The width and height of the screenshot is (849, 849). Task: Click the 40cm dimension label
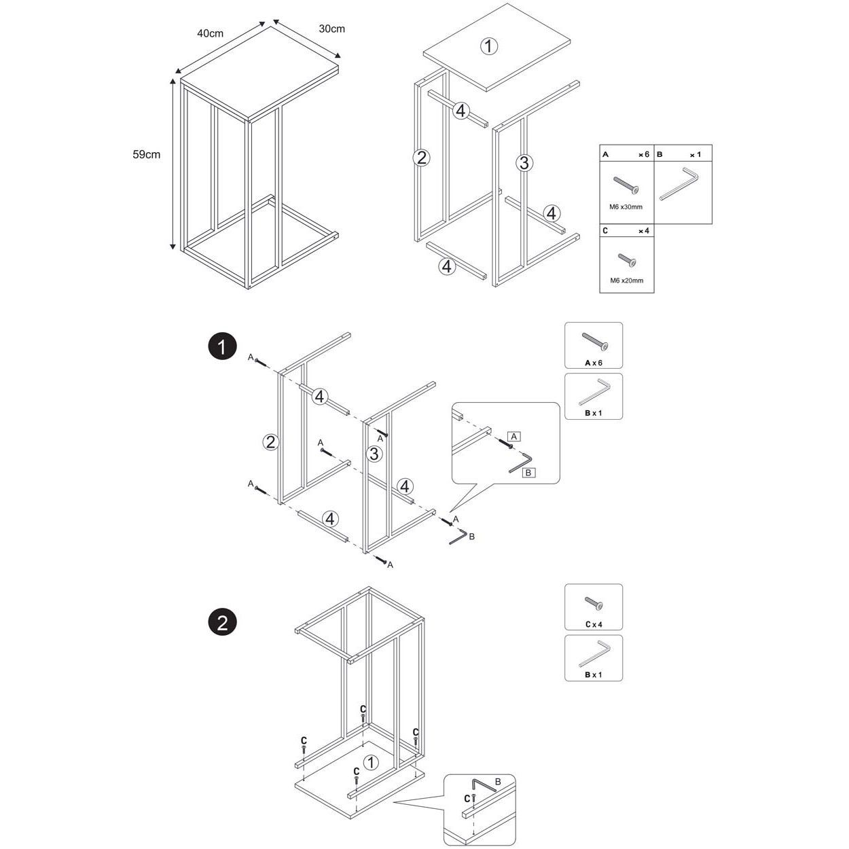[x=210, y=33]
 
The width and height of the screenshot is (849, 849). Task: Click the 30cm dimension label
[x=331, y=29]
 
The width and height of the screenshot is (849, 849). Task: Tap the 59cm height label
[x=146, y=155]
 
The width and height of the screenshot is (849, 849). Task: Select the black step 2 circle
[x=222, y=623]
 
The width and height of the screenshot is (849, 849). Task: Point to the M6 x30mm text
[x=626, y=206]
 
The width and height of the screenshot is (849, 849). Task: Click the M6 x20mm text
[x=626, y=281]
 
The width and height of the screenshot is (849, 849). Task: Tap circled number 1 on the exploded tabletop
[x=488, y=46]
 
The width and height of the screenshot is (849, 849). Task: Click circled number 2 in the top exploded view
[x=421, y=158]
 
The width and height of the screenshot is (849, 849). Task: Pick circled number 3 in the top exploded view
[x=524, y=163]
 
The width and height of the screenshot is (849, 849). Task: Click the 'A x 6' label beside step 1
[x=593, y=363]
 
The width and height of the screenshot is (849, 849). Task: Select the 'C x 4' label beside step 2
[x=594, y=624]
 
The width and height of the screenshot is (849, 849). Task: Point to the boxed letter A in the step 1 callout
[x=513, y=436]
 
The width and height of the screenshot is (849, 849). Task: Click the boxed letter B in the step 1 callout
[x=528, y=473]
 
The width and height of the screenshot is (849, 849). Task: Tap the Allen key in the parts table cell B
[x=679, y=183]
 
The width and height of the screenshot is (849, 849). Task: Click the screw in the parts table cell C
[x=627, y=260]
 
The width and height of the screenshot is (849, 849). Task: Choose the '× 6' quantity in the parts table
[x=644, y=155]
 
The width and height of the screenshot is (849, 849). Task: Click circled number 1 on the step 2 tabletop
[x=371, y=774]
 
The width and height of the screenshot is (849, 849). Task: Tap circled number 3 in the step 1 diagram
[x=374, y=453]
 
